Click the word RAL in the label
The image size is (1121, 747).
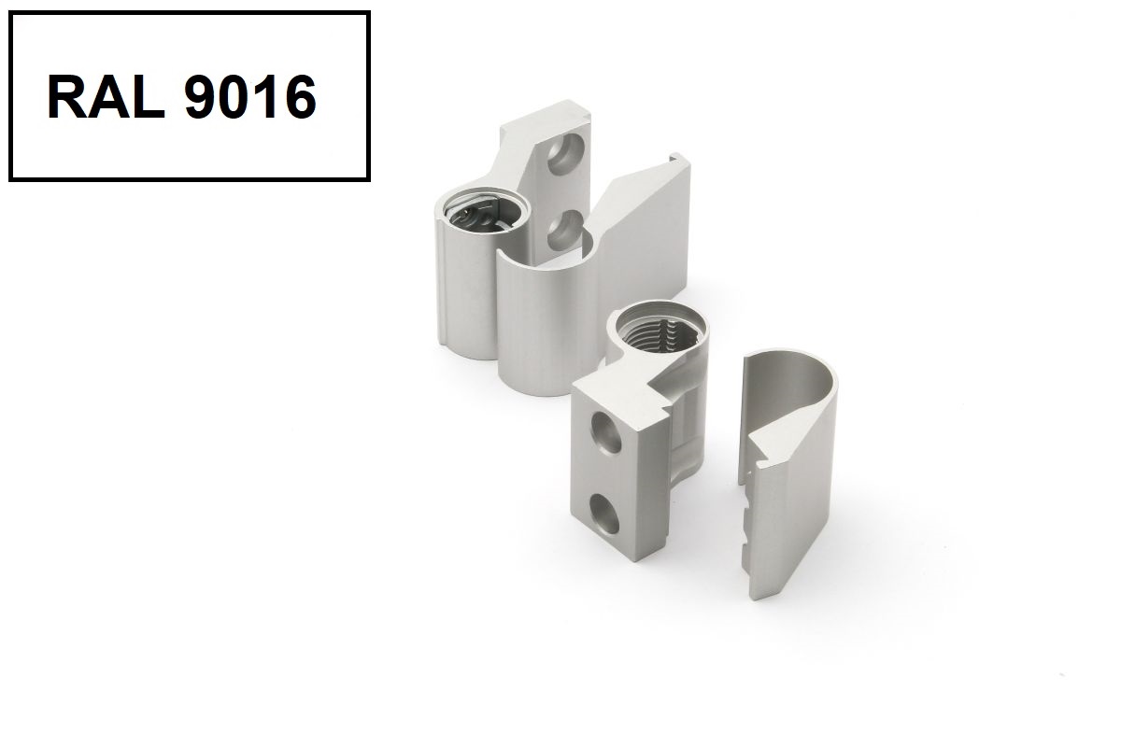click(x=106, y=96)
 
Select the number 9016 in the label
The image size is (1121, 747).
click(x=250, y=96)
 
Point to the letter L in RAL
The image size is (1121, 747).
click(x=149, y=96)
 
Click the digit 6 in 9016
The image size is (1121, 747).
click(x=300, y=96)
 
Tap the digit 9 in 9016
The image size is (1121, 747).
click(x=201, y=96)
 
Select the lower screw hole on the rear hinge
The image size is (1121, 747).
click(x=564, y=230)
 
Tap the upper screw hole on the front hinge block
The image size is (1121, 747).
click(x=607, y=432)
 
